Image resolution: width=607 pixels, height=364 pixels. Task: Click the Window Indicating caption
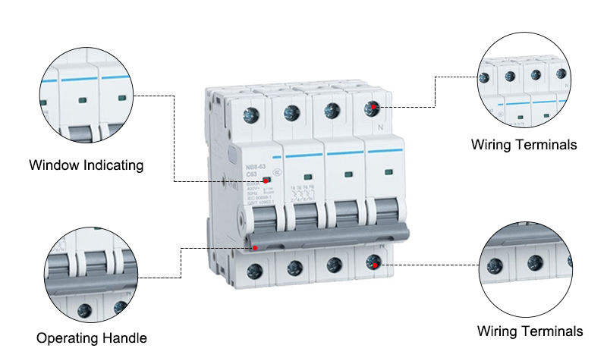click(86, 165)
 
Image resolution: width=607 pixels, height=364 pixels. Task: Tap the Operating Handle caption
click(92, 337)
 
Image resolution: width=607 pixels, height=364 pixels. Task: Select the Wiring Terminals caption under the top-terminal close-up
click(524, 144)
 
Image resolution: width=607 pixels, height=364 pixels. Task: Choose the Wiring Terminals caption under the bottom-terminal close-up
click(530, 331)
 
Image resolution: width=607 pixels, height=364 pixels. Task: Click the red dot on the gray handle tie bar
click(256, 247)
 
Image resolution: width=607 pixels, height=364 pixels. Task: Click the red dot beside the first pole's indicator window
click(266, 180)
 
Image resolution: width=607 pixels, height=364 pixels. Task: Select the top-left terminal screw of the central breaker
click(250, 115)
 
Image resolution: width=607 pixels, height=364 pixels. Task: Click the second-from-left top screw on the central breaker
click(291, 114)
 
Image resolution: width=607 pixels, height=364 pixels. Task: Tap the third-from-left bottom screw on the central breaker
click(332, 265)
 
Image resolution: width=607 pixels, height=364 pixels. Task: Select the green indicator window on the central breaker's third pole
click(348, 174)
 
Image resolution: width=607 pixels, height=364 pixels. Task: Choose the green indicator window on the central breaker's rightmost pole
click(388, 174)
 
